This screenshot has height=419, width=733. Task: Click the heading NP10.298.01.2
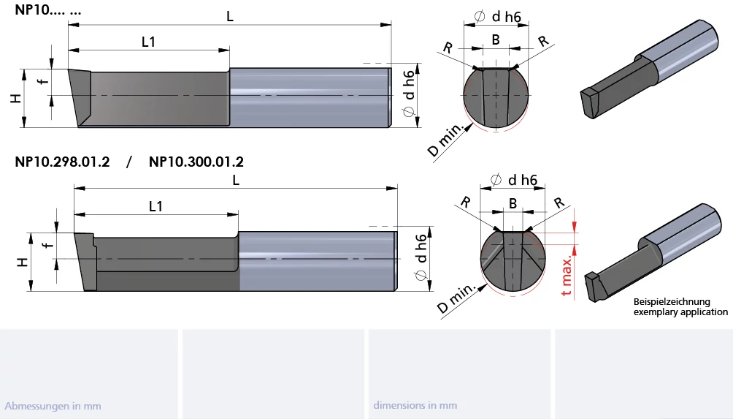click(x=62, y=162)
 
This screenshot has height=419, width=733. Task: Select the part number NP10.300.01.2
click(x=196, y=162)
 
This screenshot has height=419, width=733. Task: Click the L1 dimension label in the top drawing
click(x=148, y=42)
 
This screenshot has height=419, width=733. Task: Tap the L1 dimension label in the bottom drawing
click(x=156, y=206)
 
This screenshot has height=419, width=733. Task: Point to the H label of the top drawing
click(x=16, y=98)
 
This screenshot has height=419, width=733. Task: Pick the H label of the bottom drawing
click(x=23, y=263)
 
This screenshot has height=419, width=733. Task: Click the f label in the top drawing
click(x=44, y=81)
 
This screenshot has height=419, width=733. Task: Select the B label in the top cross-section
click(x=496, y=40)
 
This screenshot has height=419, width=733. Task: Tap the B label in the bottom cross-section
click(x=513, y=203)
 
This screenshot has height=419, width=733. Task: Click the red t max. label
click(x=567, y=276)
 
